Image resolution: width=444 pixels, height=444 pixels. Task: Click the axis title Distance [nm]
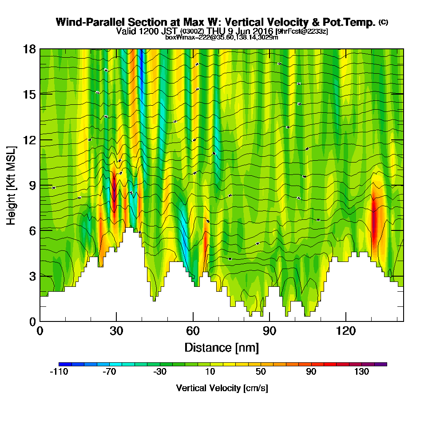click(x=222, y=347)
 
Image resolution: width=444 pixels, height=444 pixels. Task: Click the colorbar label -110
click(x=59, y=372)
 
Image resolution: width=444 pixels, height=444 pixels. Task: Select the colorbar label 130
click(x=361, y=372)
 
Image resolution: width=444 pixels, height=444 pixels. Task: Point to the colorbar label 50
click(x=261, y=372)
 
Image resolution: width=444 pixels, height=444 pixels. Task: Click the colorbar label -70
click(x=109, y=372)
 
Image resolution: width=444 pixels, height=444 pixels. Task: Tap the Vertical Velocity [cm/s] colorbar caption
click(x=222, y=388)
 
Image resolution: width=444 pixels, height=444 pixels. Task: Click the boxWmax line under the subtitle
click(x=222, y=37)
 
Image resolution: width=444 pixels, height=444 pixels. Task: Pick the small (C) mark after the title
click(x=383, y=22)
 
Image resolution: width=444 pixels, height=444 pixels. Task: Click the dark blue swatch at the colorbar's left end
click(x=65, y=364)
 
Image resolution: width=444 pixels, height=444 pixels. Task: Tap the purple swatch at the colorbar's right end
click(x=381, y=364)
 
